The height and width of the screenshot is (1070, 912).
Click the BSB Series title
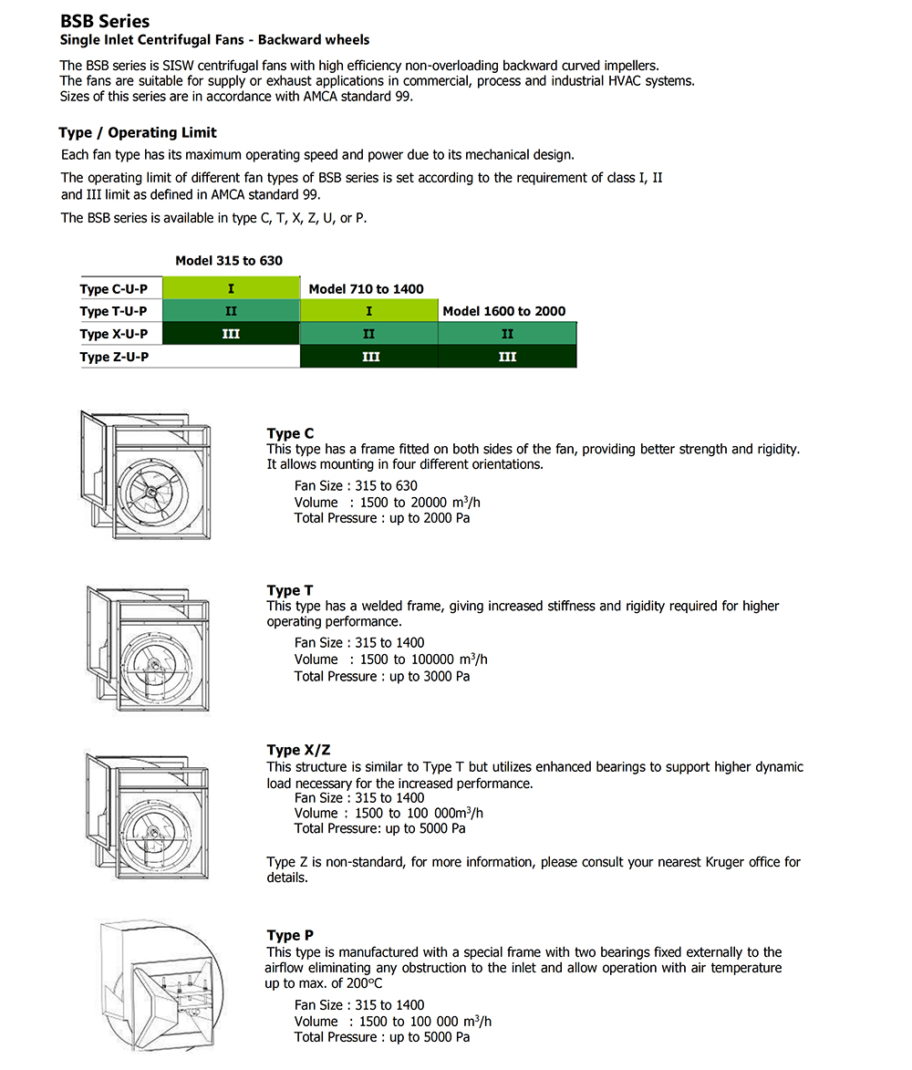pyautogui.click(x=105, y=21)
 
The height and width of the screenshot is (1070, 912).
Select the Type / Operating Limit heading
pyautogui.click(x=138, y=132)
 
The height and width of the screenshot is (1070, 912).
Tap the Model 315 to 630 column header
pyautogui.click(x=229, y=260)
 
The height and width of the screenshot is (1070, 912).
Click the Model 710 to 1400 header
pyautogui.click(x=366, y=288)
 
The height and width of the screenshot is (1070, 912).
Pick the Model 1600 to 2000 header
pyautogui.click(x=503, y=311)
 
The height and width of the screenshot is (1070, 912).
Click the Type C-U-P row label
pyautogui.click(x=114, y=289)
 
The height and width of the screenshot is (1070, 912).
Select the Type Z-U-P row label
pyautogui.click(x=114, y=357)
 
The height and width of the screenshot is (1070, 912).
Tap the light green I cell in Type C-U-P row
pyautogui.click(x=231, y=288)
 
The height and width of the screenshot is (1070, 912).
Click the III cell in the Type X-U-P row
pyautogui.click(x=231, y=334)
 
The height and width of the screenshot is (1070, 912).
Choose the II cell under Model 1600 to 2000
pyautogui.click(x=507, y=334)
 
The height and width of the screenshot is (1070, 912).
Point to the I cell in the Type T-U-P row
pyautogui.click(x=368, y=311)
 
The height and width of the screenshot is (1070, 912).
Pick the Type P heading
pyautogui.click(x=290, y=935)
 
